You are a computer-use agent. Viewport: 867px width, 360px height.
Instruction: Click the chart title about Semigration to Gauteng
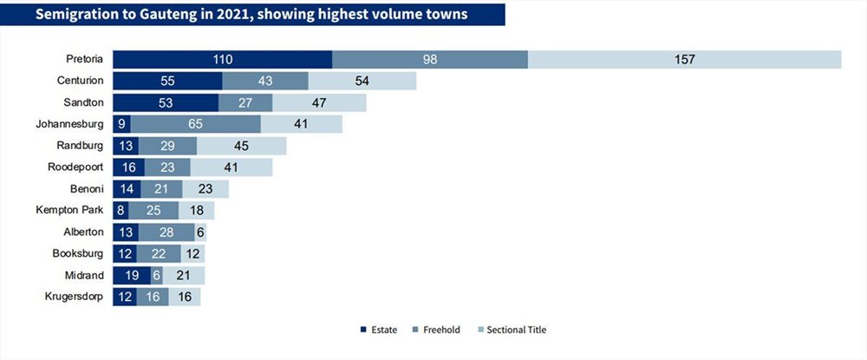coord(251,14)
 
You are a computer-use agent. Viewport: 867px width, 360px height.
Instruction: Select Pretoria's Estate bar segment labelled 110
coord(222,60)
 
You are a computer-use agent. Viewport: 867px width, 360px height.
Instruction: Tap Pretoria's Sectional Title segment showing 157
coord(684,60)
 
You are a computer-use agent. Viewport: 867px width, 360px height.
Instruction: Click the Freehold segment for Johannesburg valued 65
coord(195,124)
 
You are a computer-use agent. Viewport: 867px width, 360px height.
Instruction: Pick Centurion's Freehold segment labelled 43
coord(264,81)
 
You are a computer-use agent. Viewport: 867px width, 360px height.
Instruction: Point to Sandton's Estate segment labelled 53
coord(165,102)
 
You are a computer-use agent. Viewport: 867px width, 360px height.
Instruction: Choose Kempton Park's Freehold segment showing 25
coord(153,211)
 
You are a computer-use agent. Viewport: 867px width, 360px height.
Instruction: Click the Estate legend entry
coord(380,330)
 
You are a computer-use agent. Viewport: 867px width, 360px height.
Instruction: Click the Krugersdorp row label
coord(75,297)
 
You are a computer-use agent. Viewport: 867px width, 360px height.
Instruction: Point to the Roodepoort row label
coord(76,167)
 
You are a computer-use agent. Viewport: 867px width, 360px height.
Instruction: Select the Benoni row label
coord(88,189)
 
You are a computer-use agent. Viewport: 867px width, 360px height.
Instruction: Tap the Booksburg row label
coord(78,253)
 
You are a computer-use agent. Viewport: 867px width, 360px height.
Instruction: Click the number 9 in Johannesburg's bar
coord(121,124)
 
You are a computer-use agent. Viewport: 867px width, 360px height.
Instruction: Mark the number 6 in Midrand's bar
coord(156,275)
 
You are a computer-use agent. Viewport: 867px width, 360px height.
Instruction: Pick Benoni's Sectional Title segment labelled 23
coord(205,189)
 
